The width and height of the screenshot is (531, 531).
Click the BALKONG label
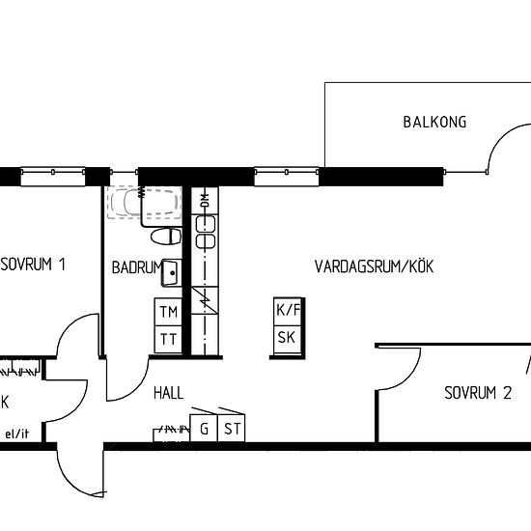[434, 122]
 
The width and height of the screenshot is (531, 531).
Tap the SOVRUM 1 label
[33, 265]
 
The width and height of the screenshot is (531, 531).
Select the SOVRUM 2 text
[478, 393]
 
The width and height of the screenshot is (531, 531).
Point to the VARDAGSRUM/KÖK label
[374, 266]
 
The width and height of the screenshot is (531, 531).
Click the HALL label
[168, 393]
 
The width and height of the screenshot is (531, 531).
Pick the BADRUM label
[137, 267]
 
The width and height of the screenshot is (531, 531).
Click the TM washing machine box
[168, 312]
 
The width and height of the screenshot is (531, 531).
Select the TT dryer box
[168, 340]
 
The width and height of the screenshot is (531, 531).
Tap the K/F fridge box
[288, 312]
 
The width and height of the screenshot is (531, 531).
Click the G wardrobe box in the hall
[204, 429]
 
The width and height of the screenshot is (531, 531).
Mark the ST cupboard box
[232, 429]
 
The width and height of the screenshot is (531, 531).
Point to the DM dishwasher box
[205, 201]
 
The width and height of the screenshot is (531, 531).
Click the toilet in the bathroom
[166, 237]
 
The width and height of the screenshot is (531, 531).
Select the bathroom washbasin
[172, 273]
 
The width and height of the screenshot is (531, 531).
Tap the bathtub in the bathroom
[145, 202]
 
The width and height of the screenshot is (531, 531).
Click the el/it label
[17, 433]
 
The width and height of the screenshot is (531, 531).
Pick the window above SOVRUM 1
[52, 177]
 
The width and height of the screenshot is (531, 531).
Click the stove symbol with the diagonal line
[205, 300]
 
